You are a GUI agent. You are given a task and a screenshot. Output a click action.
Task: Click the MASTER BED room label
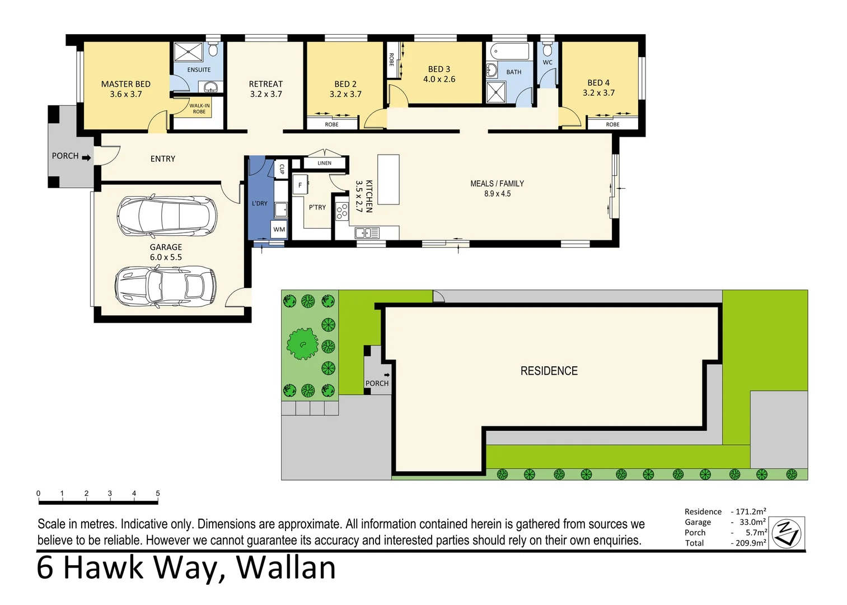point(125,84)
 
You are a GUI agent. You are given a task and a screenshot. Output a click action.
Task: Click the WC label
point(547,62)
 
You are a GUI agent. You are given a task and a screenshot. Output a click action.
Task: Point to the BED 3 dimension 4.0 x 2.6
point(439,79)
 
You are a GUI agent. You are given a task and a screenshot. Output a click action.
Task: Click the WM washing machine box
point(279,229)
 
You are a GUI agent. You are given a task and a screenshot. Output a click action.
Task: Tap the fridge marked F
point(300,185)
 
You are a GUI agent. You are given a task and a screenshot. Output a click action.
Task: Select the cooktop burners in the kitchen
point(342,211)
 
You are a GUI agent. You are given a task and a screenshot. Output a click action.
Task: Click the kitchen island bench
point(389,179)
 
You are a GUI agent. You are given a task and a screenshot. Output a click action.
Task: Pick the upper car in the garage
point(167,216)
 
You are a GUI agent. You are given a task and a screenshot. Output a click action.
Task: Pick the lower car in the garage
point(166,286)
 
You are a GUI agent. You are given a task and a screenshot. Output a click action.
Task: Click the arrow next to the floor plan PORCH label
point(87,158)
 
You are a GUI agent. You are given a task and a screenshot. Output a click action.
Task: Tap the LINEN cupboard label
point(325,163)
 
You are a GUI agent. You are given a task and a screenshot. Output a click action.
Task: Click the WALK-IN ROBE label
point(199,109)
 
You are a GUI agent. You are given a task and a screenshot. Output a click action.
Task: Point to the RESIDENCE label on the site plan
point(549,371)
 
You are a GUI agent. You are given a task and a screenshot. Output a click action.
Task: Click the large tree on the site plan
point(302,344)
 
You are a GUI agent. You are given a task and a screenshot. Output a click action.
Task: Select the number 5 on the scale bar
point(158,494)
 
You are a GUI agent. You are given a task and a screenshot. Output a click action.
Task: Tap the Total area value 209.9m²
point(751,543)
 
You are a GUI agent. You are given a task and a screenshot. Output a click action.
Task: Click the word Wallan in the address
point(286,568)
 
